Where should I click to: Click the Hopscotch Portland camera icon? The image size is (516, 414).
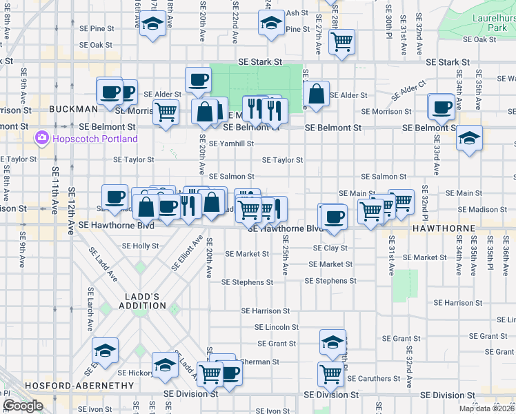[x=41, y=138]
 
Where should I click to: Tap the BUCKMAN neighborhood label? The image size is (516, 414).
[x=73, y=109]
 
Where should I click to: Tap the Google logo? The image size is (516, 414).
[x=23, y=406]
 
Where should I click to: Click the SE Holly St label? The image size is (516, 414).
[x=140, y=246]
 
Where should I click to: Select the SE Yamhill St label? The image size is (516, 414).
[x=232, y=144]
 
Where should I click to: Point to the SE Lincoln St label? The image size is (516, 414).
[x=276, y=327]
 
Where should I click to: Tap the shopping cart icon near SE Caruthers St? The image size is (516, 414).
[x=330, y=374]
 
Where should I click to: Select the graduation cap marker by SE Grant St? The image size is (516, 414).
[x=333, y=342]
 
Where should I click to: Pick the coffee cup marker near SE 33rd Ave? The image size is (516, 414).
[x=441, y=106]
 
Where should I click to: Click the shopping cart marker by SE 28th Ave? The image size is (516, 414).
[x=341, y=41]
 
